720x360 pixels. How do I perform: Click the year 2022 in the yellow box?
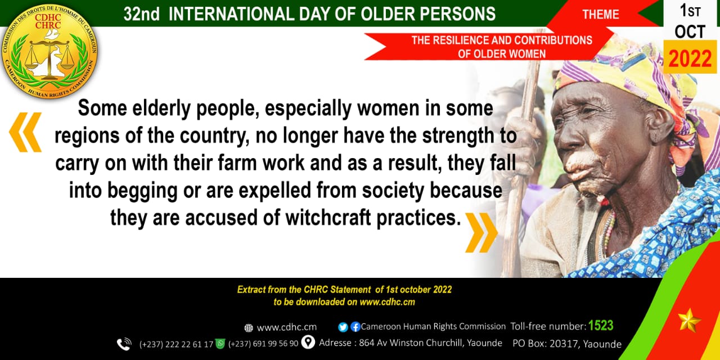[x=690, y=59]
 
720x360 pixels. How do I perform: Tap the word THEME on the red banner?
[x=600, y=15]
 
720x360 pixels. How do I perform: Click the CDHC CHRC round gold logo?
[x=49, y=51]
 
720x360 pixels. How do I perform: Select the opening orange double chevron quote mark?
[x=25, y=132]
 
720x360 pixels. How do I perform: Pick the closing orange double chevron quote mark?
[x=481, y=232]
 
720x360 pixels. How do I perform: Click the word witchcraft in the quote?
[x=328, y=218]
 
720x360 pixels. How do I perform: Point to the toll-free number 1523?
[x=601, y=325]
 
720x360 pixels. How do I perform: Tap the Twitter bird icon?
[x=343, y=327]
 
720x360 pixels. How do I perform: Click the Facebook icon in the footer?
[x=355, y=327]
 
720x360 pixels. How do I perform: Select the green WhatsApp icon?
[x=220, y=343]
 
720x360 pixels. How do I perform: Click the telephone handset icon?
[x=124, y=344]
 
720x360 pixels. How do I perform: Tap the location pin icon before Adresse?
[x=308, y=342]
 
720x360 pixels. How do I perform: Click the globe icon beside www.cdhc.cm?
[x=249, y=328]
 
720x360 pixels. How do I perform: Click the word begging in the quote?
[x=142, y=191]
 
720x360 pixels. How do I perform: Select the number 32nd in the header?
[x=141, y=15]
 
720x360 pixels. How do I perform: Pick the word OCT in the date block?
[x=690, y=32]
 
